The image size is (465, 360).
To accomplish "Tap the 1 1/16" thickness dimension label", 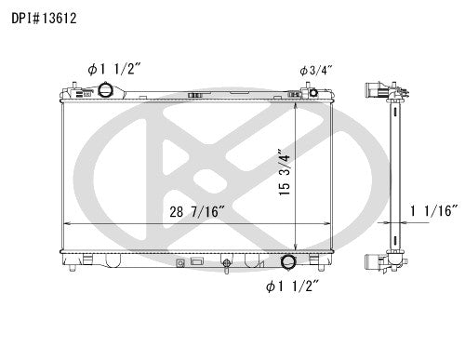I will pos(433,212).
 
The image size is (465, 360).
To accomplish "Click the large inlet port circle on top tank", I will pos(109,91).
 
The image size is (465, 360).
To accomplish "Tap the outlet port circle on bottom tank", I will pos(288,262).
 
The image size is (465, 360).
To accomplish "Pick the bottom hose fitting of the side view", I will pos(376,260).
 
